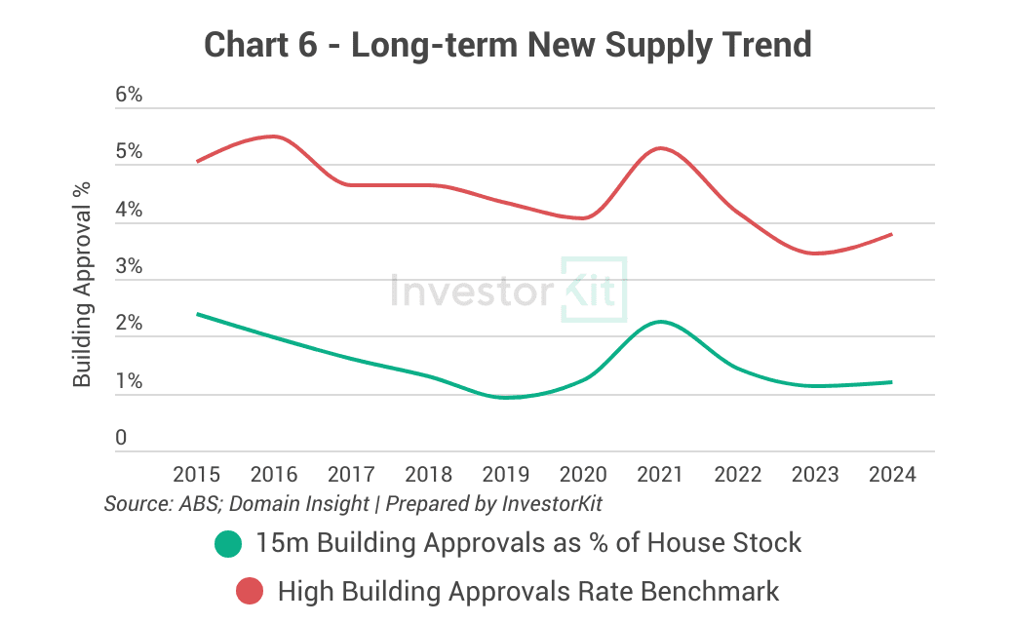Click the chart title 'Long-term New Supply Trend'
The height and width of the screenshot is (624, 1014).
coord(507,45)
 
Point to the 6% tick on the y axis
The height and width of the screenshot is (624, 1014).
coord(129,96)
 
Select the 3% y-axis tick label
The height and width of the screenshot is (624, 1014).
coord(129,267)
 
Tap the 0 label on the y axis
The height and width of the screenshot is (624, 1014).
coord(121,439)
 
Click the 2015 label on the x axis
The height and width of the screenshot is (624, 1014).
coord(196,475)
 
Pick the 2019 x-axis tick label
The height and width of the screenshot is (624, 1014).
coord(506,475)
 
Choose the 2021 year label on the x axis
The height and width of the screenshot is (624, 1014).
coord(660,475)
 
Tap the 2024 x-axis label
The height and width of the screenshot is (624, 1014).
coord(892,475)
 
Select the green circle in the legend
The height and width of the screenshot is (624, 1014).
coord(228,544)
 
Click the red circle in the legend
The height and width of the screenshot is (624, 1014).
coord(251,591)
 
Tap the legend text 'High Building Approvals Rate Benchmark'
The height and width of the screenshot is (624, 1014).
coord(528,591)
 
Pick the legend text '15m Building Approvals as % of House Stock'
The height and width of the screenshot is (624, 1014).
coord(528,543)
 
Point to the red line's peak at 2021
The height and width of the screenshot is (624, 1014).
coord(661,148)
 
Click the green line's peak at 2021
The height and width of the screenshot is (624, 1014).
coord(661,322)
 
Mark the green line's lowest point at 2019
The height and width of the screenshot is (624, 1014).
coord(507,397)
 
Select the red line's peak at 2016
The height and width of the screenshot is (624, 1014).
coord(274,136)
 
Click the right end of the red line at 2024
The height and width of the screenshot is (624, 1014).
coord(892,234)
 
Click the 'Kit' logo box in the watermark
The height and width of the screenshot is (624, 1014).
coord(594,290)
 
